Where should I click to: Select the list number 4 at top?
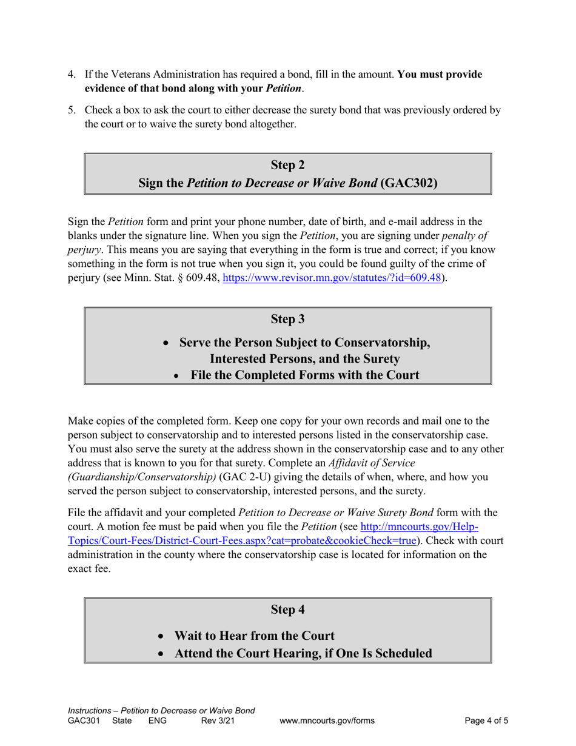pyautogui.click(x=71, y=75)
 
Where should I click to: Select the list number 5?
pyautogui.click(x=71, y=111)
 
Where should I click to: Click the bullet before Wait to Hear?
pyautogui.click(x=161, y=637)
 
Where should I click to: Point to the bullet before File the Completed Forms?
pyautogui.click(x=176, y=376)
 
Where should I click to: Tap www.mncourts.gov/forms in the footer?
pyautogui.click(x=327, y=721)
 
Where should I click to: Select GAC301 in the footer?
pyautogui.click(x=82, y=721)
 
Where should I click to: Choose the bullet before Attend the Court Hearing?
pyautogui.click(x=161, y=654)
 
